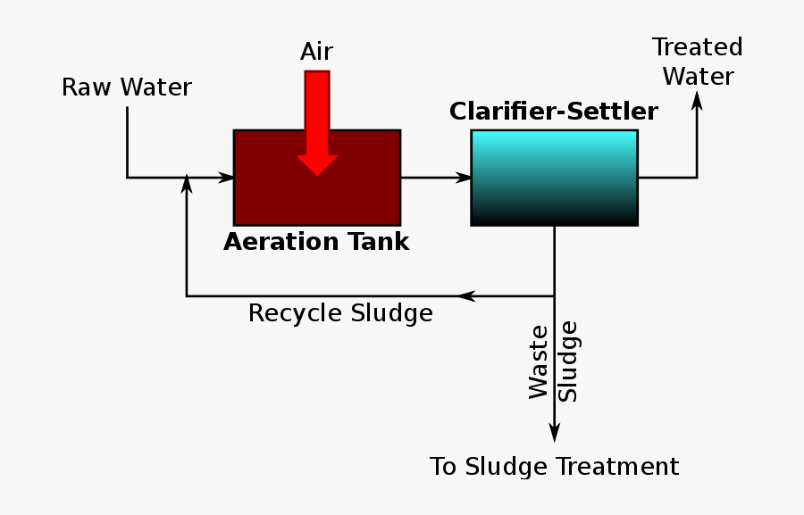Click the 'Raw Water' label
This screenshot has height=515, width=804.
pos(127,87)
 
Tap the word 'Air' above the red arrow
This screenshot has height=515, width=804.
pos(316,52)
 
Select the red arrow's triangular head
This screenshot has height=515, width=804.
pos(317,165)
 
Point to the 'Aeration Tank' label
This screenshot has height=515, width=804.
pos(316,242)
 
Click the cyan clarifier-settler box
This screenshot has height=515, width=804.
pos(554,178)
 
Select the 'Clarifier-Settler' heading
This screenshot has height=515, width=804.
pos(553,112)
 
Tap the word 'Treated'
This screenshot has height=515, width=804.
pos(697,47)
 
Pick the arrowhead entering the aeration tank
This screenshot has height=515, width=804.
pos(225,178)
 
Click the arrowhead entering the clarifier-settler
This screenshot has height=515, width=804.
pos(463,178)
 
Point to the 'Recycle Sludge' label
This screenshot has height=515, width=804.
pos(340,314)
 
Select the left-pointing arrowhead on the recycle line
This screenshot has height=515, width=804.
pos(465,296)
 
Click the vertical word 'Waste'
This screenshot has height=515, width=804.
pos(539,361)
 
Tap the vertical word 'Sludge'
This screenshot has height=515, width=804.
pos(568,361)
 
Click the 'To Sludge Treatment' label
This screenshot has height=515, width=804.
pos(554,467)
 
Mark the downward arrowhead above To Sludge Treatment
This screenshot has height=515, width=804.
pos(554,432)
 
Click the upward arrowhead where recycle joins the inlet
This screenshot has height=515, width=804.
pos(187,183)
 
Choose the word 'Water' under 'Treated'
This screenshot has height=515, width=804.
pos(698,77)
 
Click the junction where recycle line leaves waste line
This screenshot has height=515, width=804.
pos(554,296)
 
